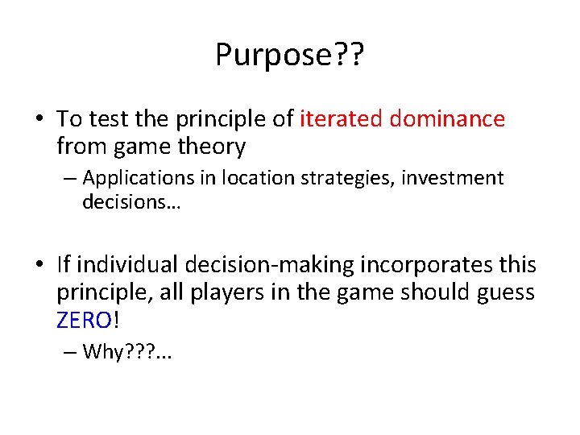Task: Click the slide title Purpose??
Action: click(289, 55)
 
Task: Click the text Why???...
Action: click(120, 351)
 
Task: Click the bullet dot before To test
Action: click(39, 120)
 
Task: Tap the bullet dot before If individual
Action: click(39, 265)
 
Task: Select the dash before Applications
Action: click(70, 178)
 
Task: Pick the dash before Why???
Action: click(70, 351)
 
